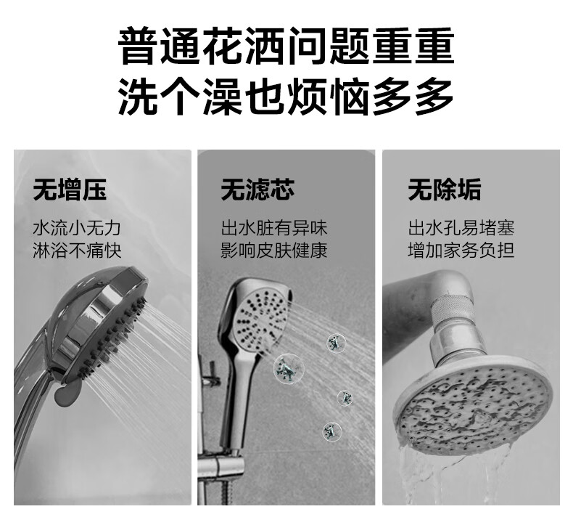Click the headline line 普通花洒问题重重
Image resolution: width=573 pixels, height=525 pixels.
click(x=286, y=45)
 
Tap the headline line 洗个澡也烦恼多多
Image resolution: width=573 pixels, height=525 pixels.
click(x=286, y=97)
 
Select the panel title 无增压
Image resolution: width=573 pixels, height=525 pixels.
click(x=70, y=190)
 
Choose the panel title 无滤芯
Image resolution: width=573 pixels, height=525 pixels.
click(x=257, y=190)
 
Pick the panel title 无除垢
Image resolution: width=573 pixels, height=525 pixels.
click(x=445, y=190)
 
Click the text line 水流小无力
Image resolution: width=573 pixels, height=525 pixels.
click(x=77, y=228)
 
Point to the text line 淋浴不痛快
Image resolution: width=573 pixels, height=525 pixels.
click(x=77, y=251)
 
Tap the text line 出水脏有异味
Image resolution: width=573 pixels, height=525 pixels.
click(x=273, y=228)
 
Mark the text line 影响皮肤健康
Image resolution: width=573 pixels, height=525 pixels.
click(x=273, y=251)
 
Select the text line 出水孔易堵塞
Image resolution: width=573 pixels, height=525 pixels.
click(x=461, y=228)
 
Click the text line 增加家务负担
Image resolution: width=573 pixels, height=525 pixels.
click(x=461, y=251)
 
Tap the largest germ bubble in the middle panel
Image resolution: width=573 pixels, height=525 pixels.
click(x=289, y=369)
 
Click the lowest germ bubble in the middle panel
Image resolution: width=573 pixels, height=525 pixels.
click(x=331, y=431)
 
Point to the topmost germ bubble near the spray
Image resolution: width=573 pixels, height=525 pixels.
click(x=337, y=343)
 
